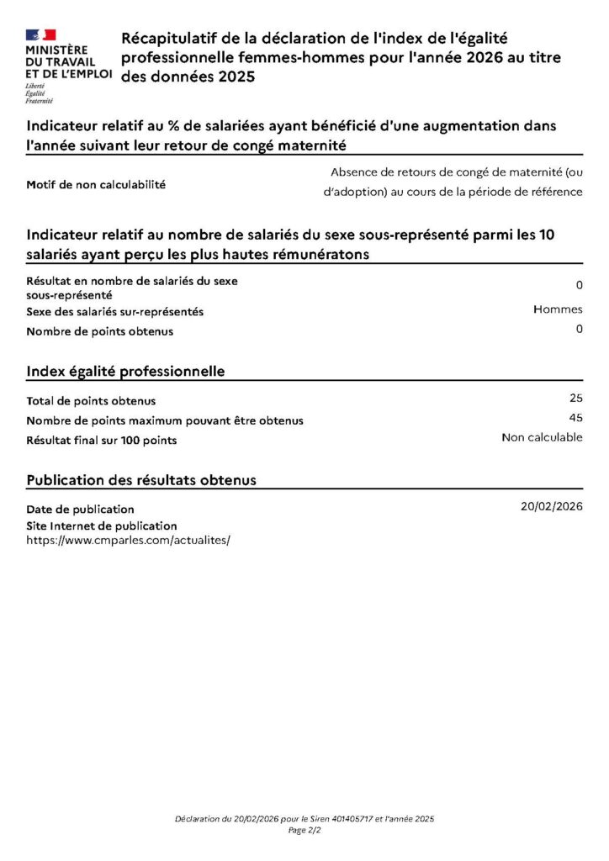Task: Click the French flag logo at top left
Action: pos(40,34)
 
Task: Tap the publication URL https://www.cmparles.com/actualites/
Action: pos(128,540)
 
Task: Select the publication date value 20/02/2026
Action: pos(551,506)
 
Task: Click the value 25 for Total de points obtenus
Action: pos(575,398)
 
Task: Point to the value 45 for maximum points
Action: pos(575,417)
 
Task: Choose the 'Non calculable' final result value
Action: pos(542,437)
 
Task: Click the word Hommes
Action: pos(558,309)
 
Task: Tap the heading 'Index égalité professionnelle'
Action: pos(125,371)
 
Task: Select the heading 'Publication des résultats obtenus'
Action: pos(141,480)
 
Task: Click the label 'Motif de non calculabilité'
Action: pos(96,185)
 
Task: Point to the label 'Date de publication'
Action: pos(80,509)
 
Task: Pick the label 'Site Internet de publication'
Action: pos(102,526)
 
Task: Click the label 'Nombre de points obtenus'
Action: pos(99,331)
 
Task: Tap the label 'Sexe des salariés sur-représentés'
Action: pos(114,311)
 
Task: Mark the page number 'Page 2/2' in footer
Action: pos(304,830)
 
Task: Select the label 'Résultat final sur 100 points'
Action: pos(101,440)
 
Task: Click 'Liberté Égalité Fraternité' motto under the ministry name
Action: pos(39,93)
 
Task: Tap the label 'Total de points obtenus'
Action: pos(91,401)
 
